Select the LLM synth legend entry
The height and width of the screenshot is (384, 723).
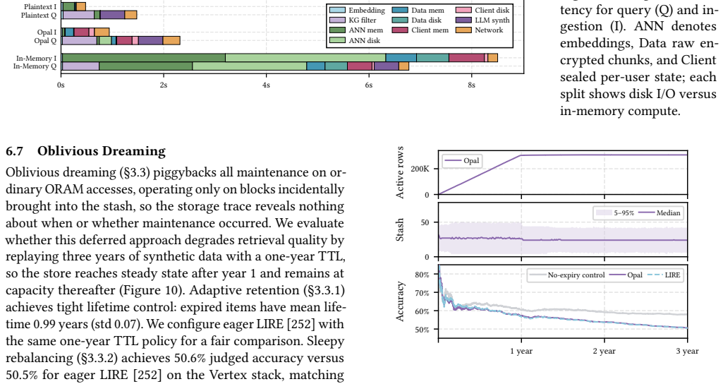click(482, 20)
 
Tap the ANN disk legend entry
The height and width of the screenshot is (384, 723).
click(355, 41)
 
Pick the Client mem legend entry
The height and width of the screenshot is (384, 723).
click(420, 30)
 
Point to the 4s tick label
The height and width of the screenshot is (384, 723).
click(266, 85)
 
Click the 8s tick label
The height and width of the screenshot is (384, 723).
click(471, 85)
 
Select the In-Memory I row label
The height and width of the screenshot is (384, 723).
click(37, 58)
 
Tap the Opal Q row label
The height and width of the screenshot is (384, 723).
click(45, 41)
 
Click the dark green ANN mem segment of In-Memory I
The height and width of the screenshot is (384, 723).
click(143, 58)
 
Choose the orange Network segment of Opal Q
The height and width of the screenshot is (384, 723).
click(171, 41)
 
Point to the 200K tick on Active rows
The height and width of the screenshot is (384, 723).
click(420, 169)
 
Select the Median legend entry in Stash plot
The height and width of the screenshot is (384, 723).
click(660, 212)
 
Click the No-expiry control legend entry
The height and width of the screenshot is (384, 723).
click(566, 275)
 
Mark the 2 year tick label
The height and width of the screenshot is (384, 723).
click(604, 352)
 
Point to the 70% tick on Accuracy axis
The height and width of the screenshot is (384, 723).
click(422, 293)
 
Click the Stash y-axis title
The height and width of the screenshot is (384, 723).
click(400, 230)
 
